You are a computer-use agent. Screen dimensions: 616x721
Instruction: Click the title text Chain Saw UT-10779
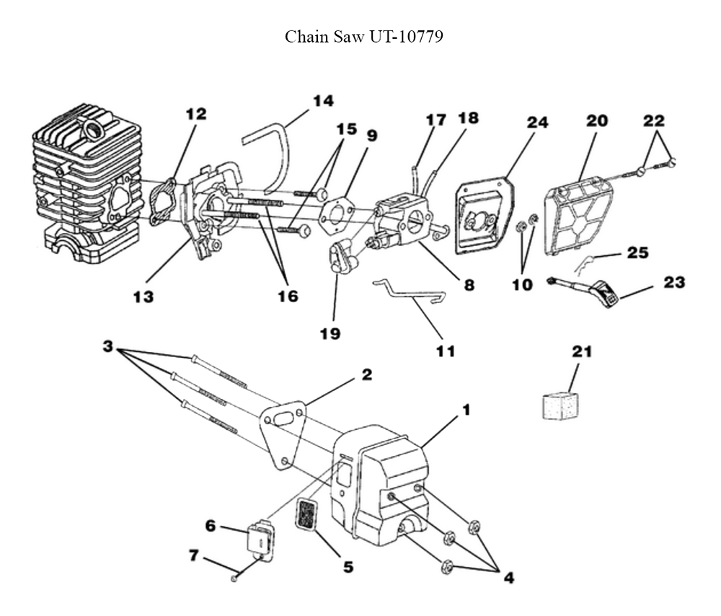[x=363, y=37]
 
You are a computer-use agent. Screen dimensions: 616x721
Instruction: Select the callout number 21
[x=581, y=352]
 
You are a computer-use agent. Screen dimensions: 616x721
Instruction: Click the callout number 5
[x=348, y=567]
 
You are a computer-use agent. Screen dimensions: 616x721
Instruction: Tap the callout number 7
[x=193, y=556]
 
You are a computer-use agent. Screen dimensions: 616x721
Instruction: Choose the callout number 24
[x=537, y=123]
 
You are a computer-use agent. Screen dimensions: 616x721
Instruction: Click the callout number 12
[x=195, y=114]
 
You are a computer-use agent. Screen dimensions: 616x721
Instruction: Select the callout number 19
[x=332, y=334]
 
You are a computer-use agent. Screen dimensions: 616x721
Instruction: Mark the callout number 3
[x=108, y=346]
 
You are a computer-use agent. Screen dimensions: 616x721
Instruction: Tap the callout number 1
[x=466, y=410]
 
